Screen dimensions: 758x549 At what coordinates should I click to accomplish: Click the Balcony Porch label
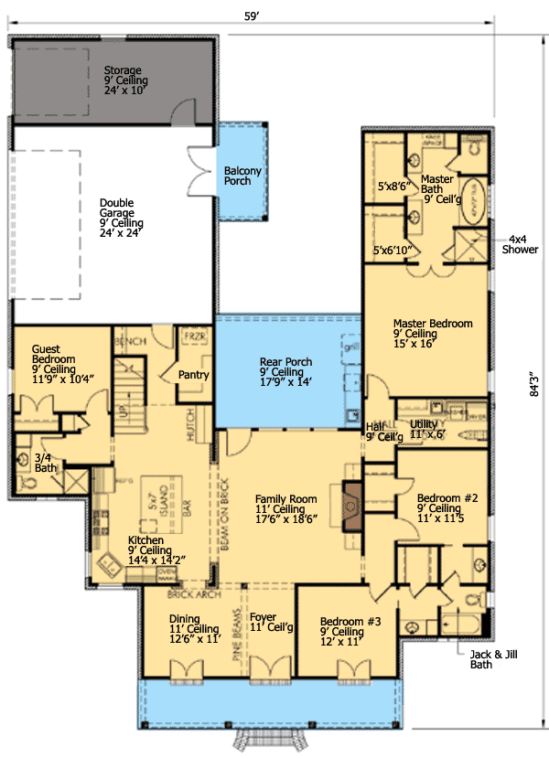[243, 176]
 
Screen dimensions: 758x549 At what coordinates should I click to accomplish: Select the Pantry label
[194, 375]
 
